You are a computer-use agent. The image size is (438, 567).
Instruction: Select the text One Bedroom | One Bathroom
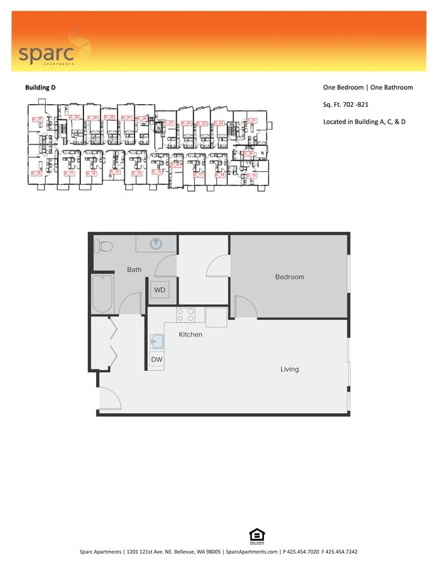(x=367, y=88)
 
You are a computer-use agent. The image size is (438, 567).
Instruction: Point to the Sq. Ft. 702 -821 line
(x=345, y=105)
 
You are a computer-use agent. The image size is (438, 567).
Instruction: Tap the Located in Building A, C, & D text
(x=364, y=122)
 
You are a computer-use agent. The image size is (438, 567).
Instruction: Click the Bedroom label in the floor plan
(x=290, y=277)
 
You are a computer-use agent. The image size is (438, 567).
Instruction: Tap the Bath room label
(x=134, y=270)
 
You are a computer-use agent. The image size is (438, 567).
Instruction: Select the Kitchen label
(x=190, y=335)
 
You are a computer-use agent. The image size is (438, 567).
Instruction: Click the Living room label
(x=290, y=369)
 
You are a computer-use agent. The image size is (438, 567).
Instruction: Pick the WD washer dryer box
(x=160, y=290)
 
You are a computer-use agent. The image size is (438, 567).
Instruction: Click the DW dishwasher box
(x=157, y=360)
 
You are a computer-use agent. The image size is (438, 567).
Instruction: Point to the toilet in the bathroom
(x=105, y=246)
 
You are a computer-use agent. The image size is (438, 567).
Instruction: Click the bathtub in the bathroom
(x=102, y=294)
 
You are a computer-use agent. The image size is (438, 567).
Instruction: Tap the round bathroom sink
(x=156, y=243)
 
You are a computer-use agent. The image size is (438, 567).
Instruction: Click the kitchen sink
(x=156, y=341)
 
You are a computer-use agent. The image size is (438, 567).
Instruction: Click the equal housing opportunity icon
(x=257, y=535)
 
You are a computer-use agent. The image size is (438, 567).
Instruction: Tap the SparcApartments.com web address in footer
(x=253, y=552)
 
